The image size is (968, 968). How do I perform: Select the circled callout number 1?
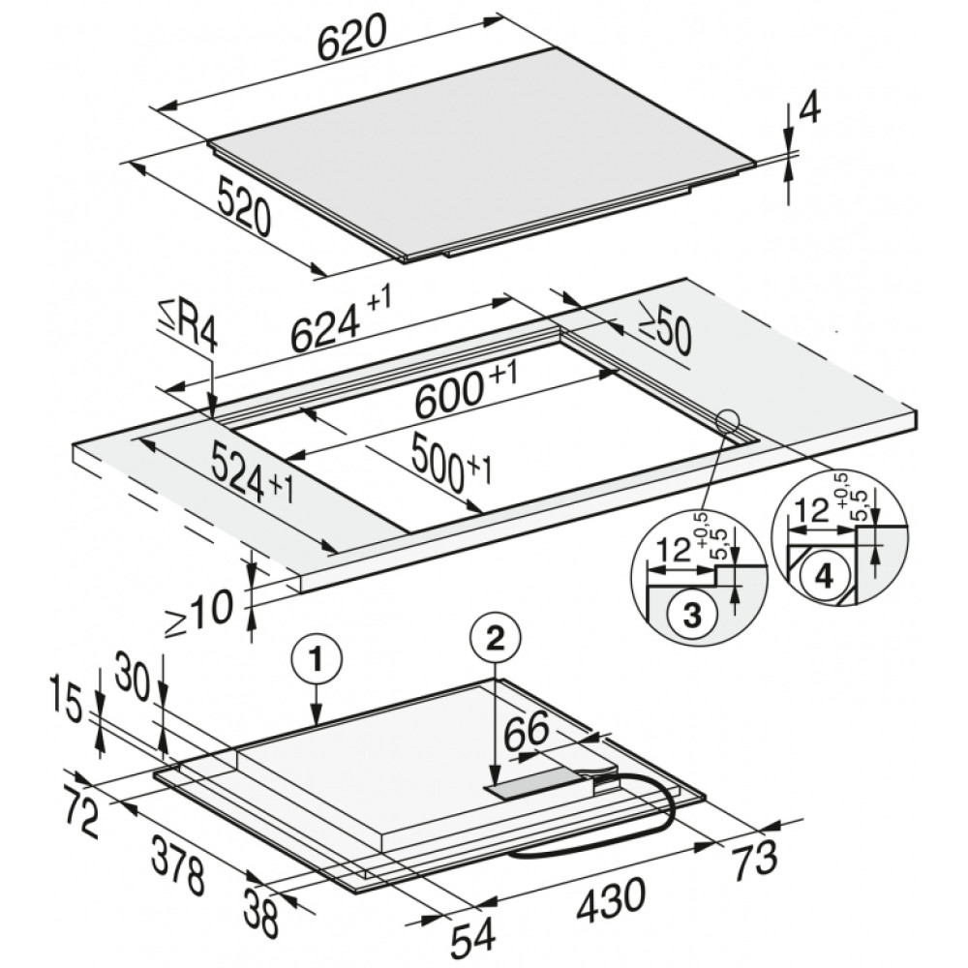[317, 661]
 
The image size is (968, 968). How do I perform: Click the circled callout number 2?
[495, 640]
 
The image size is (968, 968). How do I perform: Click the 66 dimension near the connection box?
[527, 730]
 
